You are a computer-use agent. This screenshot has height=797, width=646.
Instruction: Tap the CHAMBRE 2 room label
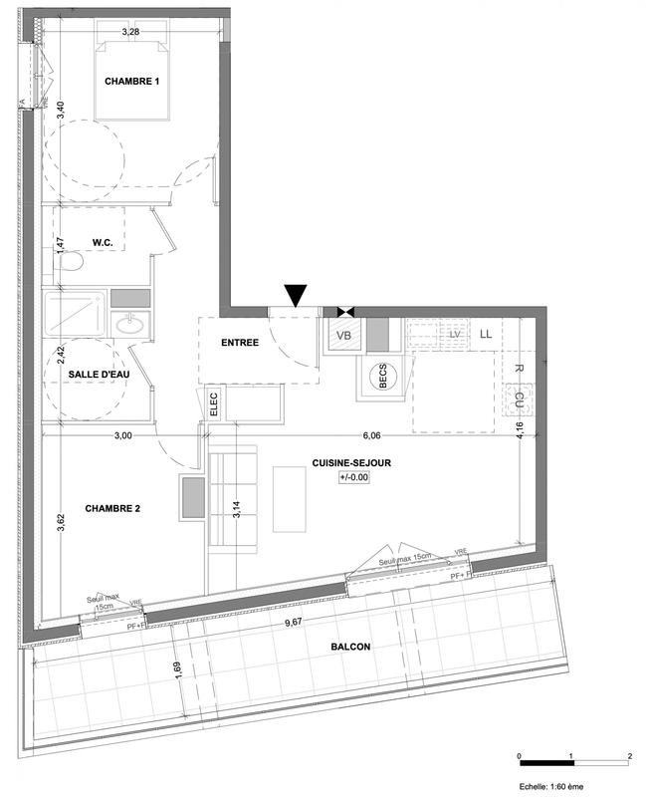coord(111,508)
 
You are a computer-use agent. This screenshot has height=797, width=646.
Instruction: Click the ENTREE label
coord(240,343)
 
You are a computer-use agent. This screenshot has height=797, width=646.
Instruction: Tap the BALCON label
coord(350,647)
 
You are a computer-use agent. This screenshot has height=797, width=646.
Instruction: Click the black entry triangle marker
coord(297,295)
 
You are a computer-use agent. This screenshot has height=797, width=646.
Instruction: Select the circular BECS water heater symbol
coord(379,377)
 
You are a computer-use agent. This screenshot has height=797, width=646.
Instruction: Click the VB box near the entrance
coord(344,336)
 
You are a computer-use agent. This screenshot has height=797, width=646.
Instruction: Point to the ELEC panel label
coord(212,402)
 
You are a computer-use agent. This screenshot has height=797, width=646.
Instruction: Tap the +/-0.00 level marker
coord(353,477)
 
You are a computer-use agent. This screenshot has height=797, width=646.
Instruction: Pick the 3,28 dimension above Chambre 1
coord(130,33)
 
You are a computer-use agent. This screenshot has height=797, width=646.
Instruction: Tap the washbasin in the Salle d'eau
coord(128,324)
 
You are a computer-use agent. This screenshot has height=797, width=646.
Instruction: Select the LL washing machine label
coord(486,335)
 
